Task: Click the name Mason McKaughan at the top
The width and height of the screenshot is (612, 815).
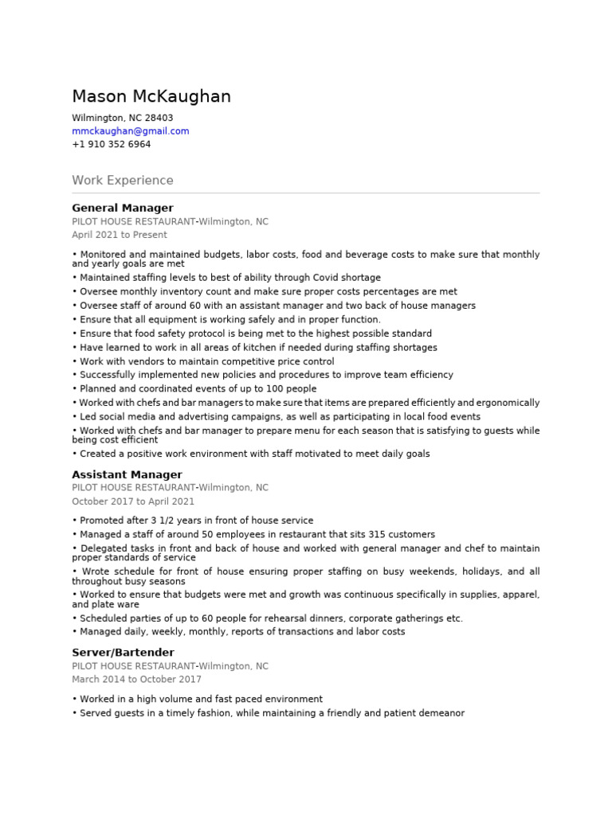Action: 151,97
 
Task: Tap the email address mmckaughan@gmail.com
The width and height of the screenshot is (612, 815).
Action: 130,131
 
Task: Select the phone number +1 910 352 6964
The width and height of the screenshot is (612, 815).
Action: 111,145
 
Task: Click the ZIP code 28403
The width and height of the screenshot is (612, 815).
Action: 159,118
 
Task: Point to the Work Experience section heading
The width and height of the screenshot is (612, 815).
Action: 122,181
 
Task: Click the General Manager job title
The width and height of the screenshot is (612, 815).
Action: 122,208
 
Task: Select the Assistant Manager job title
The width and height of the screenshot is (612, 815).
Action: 127,474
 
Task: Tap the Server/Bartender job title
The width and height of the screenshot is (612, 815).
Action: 123,652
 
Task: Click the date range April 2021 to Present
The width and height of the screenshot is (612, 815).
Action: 120,235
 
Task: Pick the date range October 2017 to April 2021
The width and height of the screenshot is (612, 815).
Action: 133,501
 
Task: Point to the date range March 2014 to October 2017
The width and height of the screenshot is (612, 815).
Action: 136,679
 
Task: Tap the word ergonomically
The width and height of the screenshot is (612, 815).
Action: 508,403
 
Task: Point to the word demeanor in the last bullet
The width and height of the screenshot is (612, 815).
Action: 437,713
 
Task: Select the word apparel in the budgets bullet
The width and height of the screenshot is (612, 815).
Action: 520,595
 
